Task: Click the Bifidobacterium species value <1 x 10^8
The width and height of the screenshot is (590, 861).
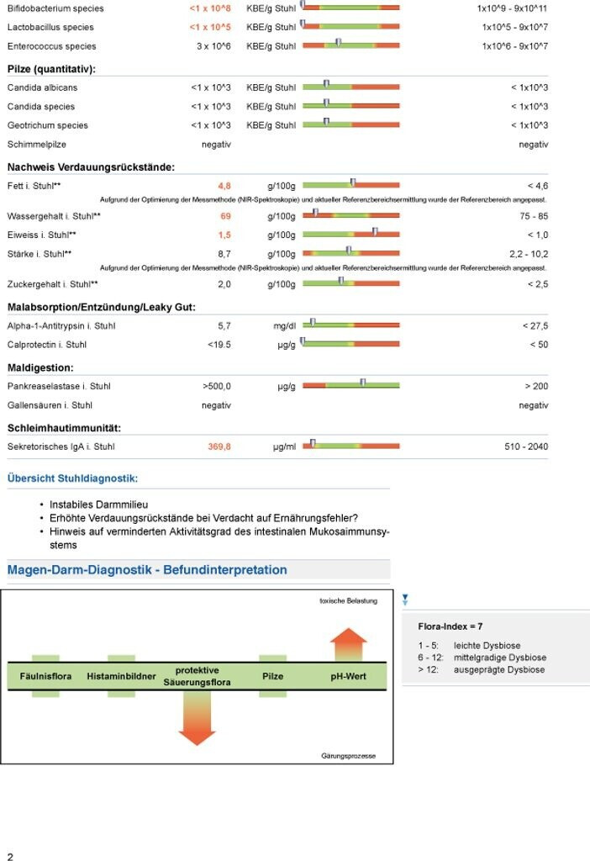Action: (x=209, y=8)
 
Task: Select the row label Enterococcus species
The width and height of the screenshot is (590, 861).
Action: (x=51, y=46)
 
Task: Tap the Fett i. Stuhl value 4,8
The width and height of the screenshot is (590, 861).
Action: (x=224, y=185)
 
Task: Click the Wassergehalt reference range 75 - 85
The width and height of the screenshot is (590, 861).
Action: (x=530, y=216)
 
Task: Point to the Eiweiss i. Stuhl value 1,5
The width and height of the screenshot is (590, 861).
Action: (x=224, y=235)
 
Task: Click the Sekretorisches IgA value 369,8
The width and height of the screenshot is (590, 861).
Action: (x=219, y=446)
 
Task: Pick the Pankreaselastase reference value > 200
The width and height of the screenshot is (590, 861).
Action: (x=536, y=387)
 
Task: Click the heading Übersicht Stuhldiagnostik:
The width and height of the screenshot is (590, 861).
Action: (x=71, y=478)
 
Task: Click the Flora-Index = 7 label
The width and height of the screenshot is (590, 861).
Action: (x=450, y=626)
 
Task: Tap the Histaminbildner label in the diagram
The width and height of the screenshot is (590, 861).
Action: (x=121, y=676)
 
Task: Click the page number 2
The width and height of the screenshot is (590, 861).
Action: (x=10, y=856)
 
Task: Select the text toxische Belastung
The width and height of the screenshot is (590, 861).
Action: (x=348, y=601)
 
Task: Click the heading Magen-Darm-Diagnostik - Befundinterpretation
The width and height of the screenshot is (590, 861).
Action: (x=147, y=570)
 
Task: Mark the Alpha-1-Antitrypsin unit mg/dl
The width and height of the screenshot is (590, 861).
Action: (x=287, y=325)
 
